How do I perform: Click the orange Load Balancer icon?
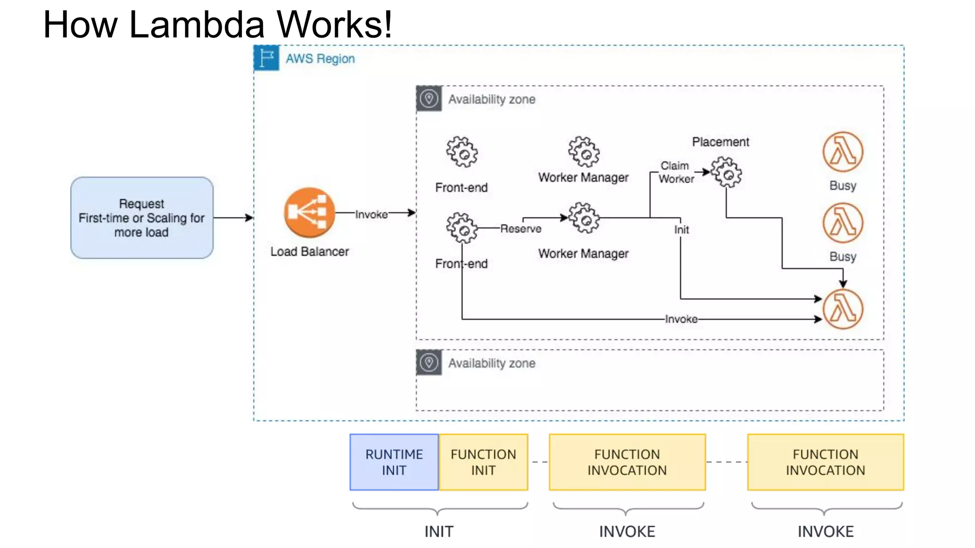309,212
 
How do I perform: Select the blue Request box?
142,218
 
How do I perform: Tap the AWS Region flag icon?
267,58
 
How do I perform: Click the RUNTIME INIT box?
394,462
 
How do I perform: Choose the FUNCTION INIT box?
483,462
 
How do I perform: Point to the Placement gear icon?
726,172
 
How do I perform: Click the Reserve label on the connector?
521,229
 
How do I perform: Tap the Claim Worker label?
676,172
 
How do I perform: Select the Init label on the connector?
681,230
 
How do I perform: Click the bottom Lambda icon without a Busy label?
843,309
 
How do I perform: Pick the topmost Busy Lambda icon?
843,152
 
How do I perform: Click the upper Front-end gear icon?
462,152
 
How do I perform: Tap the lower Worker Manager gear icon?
584,218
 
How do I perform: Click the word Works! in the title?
335,25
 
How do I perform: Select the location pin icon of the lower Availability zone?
429,362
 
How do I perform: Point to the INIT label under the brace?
439,531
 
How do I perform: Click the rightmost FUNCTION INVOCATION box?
825,462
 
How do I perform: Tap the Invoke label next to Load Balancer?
371,215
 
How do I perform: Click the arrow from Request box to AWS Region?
233,218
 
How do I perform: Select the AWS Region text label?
320,59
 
